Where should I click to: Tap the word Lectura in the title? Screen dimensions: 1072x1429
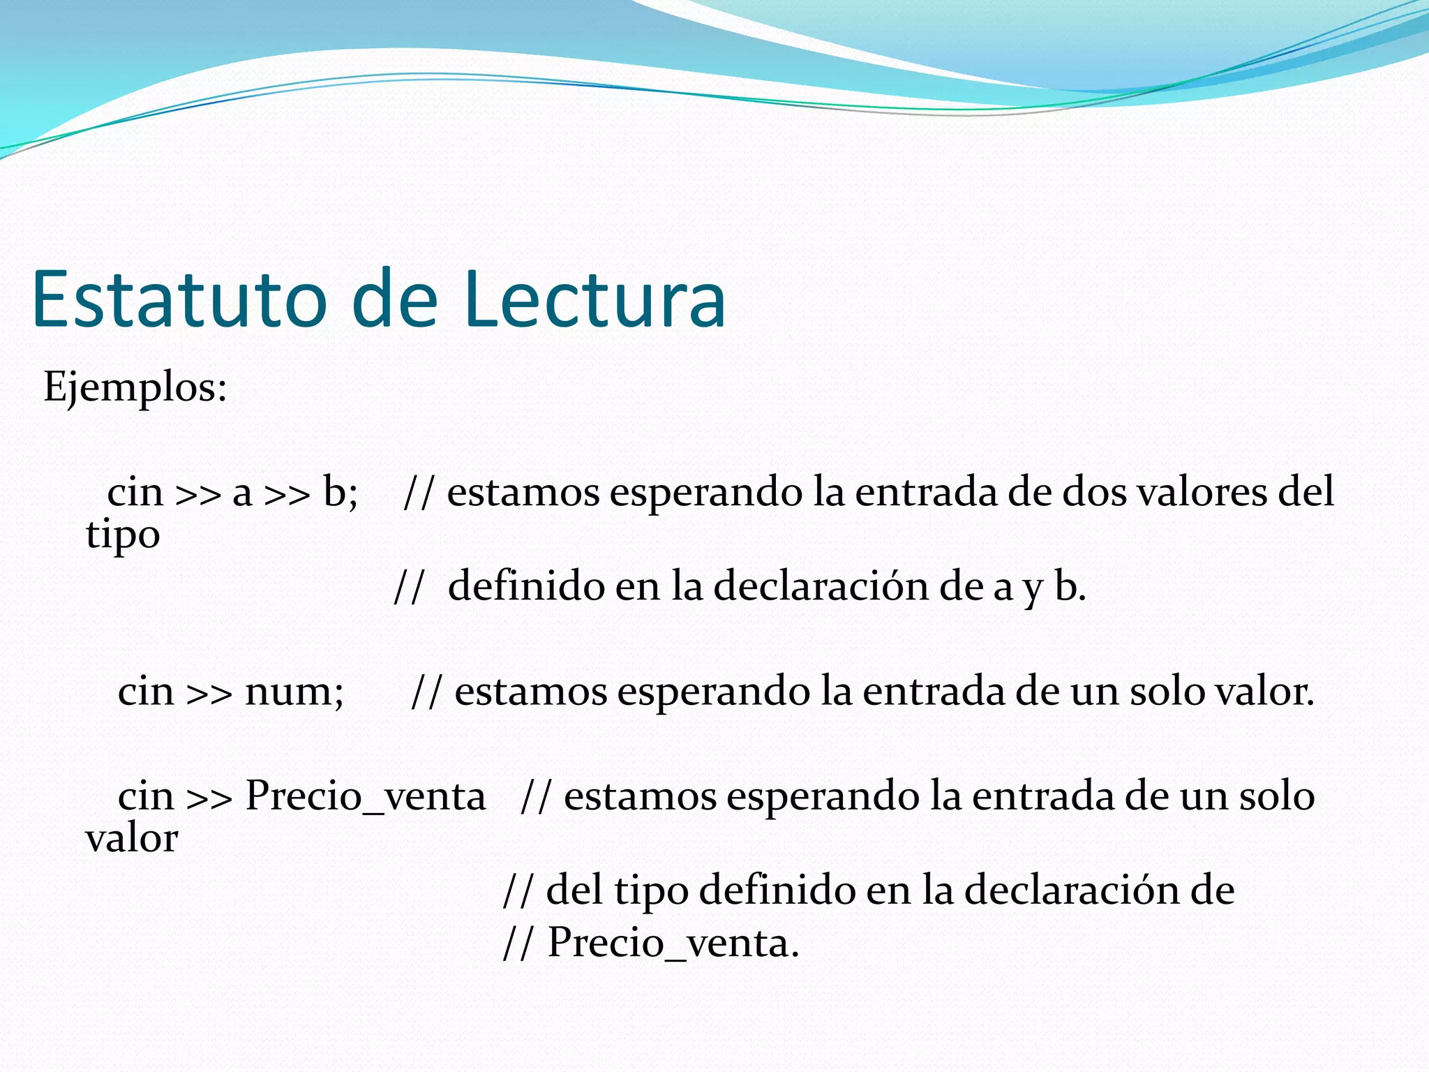pyautogui.click(x=594, y=299)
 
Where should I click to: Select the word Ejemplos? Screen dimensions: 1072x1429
pyautogui.click(x=135, y=387)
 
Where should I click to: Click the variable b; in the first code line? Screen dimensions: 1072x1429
pyautogui.click(x=340, y=491)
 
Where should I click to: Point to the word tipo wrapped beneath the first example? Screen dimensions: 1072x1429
pyautogui.click(x=123, y=536)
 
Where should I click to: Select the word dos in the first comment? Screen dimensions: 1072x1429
pyautogui.click(x=1094, y=491)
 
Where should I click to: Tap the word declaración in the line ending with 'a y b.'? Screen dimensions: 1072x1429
pyautogui.click(x=821, y=586)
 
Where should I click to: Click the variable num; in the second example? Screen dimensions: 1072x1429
pyautogui.click(x=294, y=692)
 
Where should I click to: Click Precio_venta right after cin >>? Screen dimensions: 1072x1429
pyautogui.click(x=365, y=796)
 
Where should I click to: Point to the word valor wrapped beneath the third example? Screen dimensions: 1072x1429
pyautogui.click(x=131, y=838)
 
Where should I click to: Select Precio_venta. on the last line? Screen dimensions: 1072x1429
pyautogui.click(x=673, y=943)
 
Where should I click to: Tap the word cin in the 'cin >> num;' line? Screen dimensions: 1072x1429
pyautogui.click(x=146, y=692)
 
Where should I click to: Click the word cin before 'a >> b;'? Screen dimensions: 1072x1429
pyautogui.click(x=135, y=491)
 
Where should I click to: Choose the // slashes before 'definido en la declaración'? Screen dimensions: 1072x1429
pyautogui.click(x=409, y=586)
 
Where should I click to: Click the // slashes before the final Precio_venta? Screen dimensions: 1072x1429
pyautogui.click(x=518, y=943)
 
